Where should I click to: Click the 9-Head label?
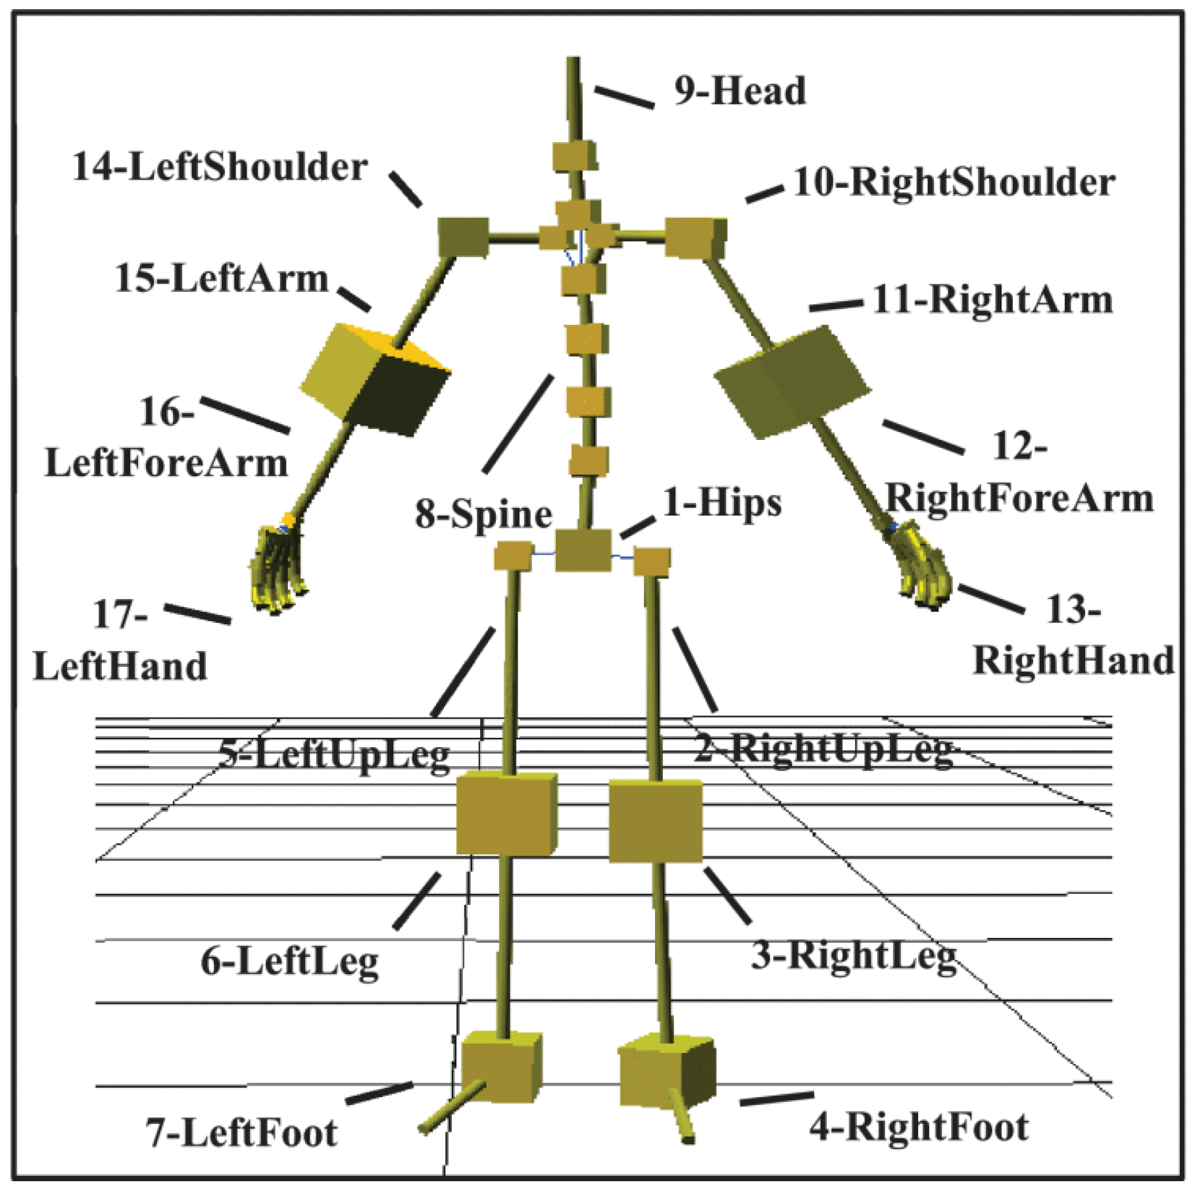[739, 91]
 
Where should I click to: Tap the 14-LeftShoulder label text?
[220, 167]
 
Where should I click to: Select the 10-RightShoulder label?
[954, 182]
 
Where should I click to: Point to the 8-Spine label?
[483, 514]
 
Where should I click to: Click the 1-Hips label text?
[722, 503]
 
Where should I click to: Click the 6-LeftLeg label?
[289, 962]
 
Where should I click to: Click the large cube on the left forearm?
[375, 380]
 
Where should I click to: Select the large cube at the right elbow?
[792, 382]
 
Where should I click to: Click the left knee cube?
[506, 815]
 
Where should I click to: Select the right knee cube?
[655, 821]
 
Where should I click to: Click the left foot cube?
[501, 1067]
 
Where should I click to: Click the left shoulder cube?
[464, 237]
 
